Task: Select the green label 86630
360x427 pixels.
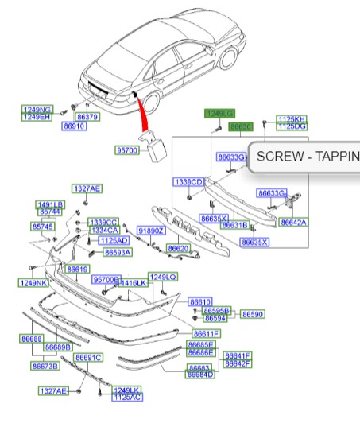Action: [240, 126]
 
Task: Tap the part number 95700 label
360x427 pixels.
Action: [127, 149]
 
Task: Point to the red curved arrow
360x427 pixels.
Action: [142, 115]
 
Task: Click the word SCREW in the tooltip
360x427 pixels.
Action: [279, 157]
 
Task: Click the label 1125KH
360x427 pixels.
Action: [291, 119]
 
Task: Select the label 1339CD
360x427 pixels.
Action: [189, 182]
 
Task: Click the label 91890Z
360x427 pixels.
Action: [150, 231]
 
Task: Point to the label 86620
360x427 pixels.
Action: [177, 249]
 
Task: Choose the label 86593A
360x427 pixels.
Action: [118, 252]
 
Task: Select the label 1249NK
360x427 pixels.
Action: [35, 283]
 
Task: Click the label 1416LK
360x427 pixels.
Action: [134, 282]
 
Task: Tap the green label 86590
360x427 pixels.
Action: [253, 314]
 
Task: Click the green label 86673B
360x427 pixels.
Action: [45, 366]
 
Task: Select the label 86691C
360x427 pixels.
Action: [89, 358]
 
